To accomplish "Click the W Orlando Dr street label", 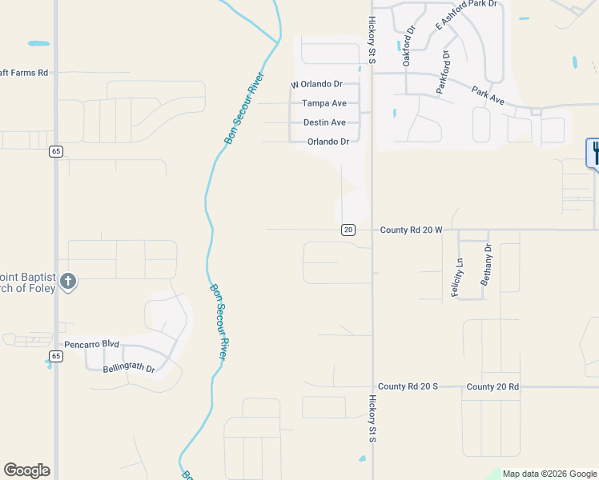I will (x=316, y=84).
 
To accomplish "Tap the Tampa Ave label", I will (x=324, y=103).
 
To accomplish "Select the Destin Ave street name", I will (x=324, y=122).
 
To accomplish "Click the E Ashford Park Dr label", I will (x=466, y=15).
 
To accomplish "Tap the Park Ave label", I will (x=488, y=96).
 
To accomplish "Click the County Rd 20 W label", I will (x=411, y=230).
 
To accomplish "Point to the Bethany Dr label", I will (x=486, y=265).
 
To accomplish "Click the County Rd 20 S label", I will (x=408, y=386).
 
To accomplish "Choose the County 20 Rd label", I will (x=492, y=386).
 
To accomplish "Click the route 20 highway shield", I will (x=348, y=230).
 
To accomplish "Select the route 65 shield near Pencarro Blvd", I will (x=55, y=355).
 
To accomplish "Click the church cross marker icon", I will (x=68, y=281).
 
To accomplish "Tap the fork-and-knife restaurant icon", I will (x=594, y=152).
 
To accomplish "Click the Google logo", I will (x=26, y=470).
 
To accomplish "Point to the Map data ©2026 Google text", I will (x=549, y=474).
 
